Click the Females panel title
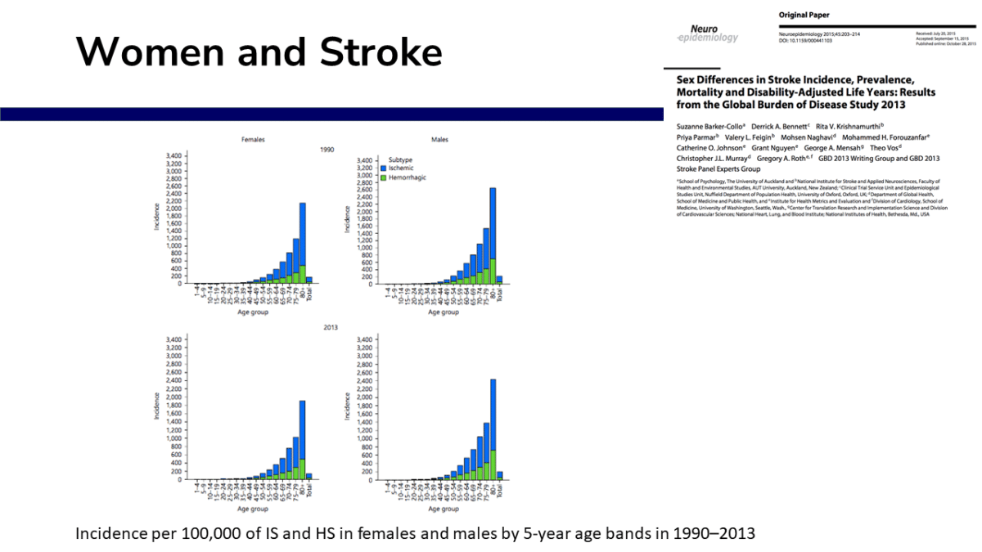click(x=253, y=140)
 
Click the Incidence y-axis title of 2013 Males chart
click(x=348, y=407)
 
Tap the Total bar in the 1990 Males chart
click(x=499, y=280)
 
